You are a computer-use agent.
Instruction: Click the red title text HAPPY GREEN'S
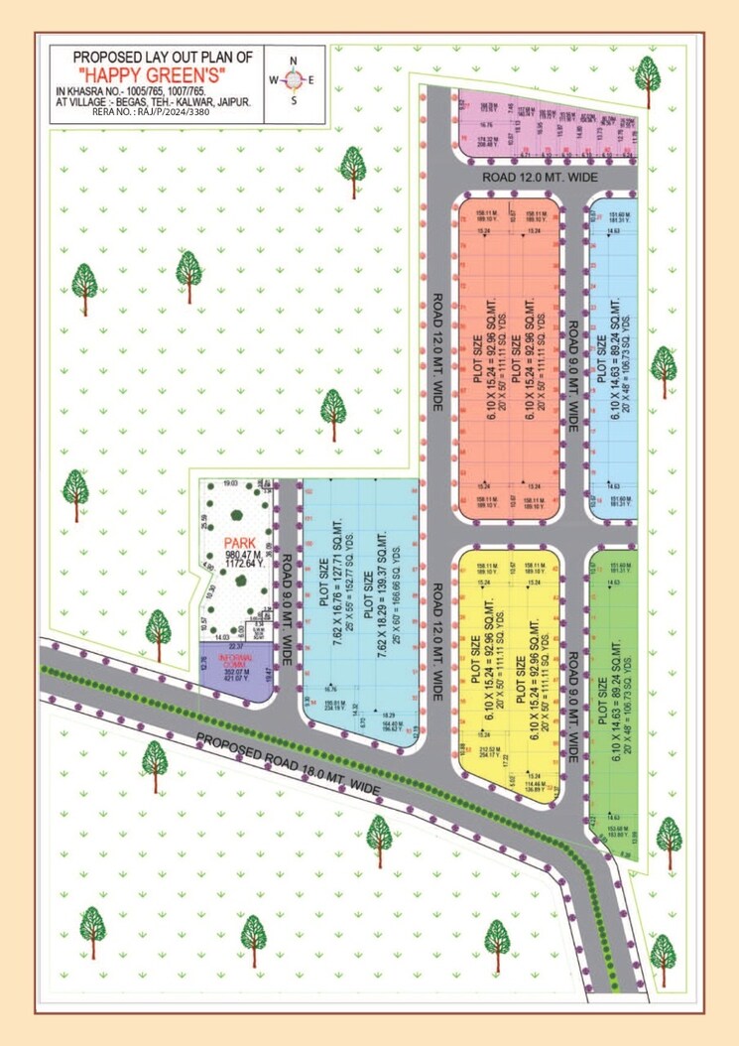(x=158, y=74)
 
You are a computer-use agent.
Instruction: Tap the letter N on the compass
(x=293, y=61)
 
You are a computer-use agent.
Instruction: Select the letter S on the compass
(x=293, y=100)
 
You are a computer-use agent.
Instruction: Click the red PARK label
(x=241, y=542)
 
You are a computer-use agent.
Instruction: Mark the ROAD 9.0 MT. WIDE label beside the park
(x=287, y=600)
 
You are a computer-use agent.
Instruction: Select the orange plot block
(x=508, y=357)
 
